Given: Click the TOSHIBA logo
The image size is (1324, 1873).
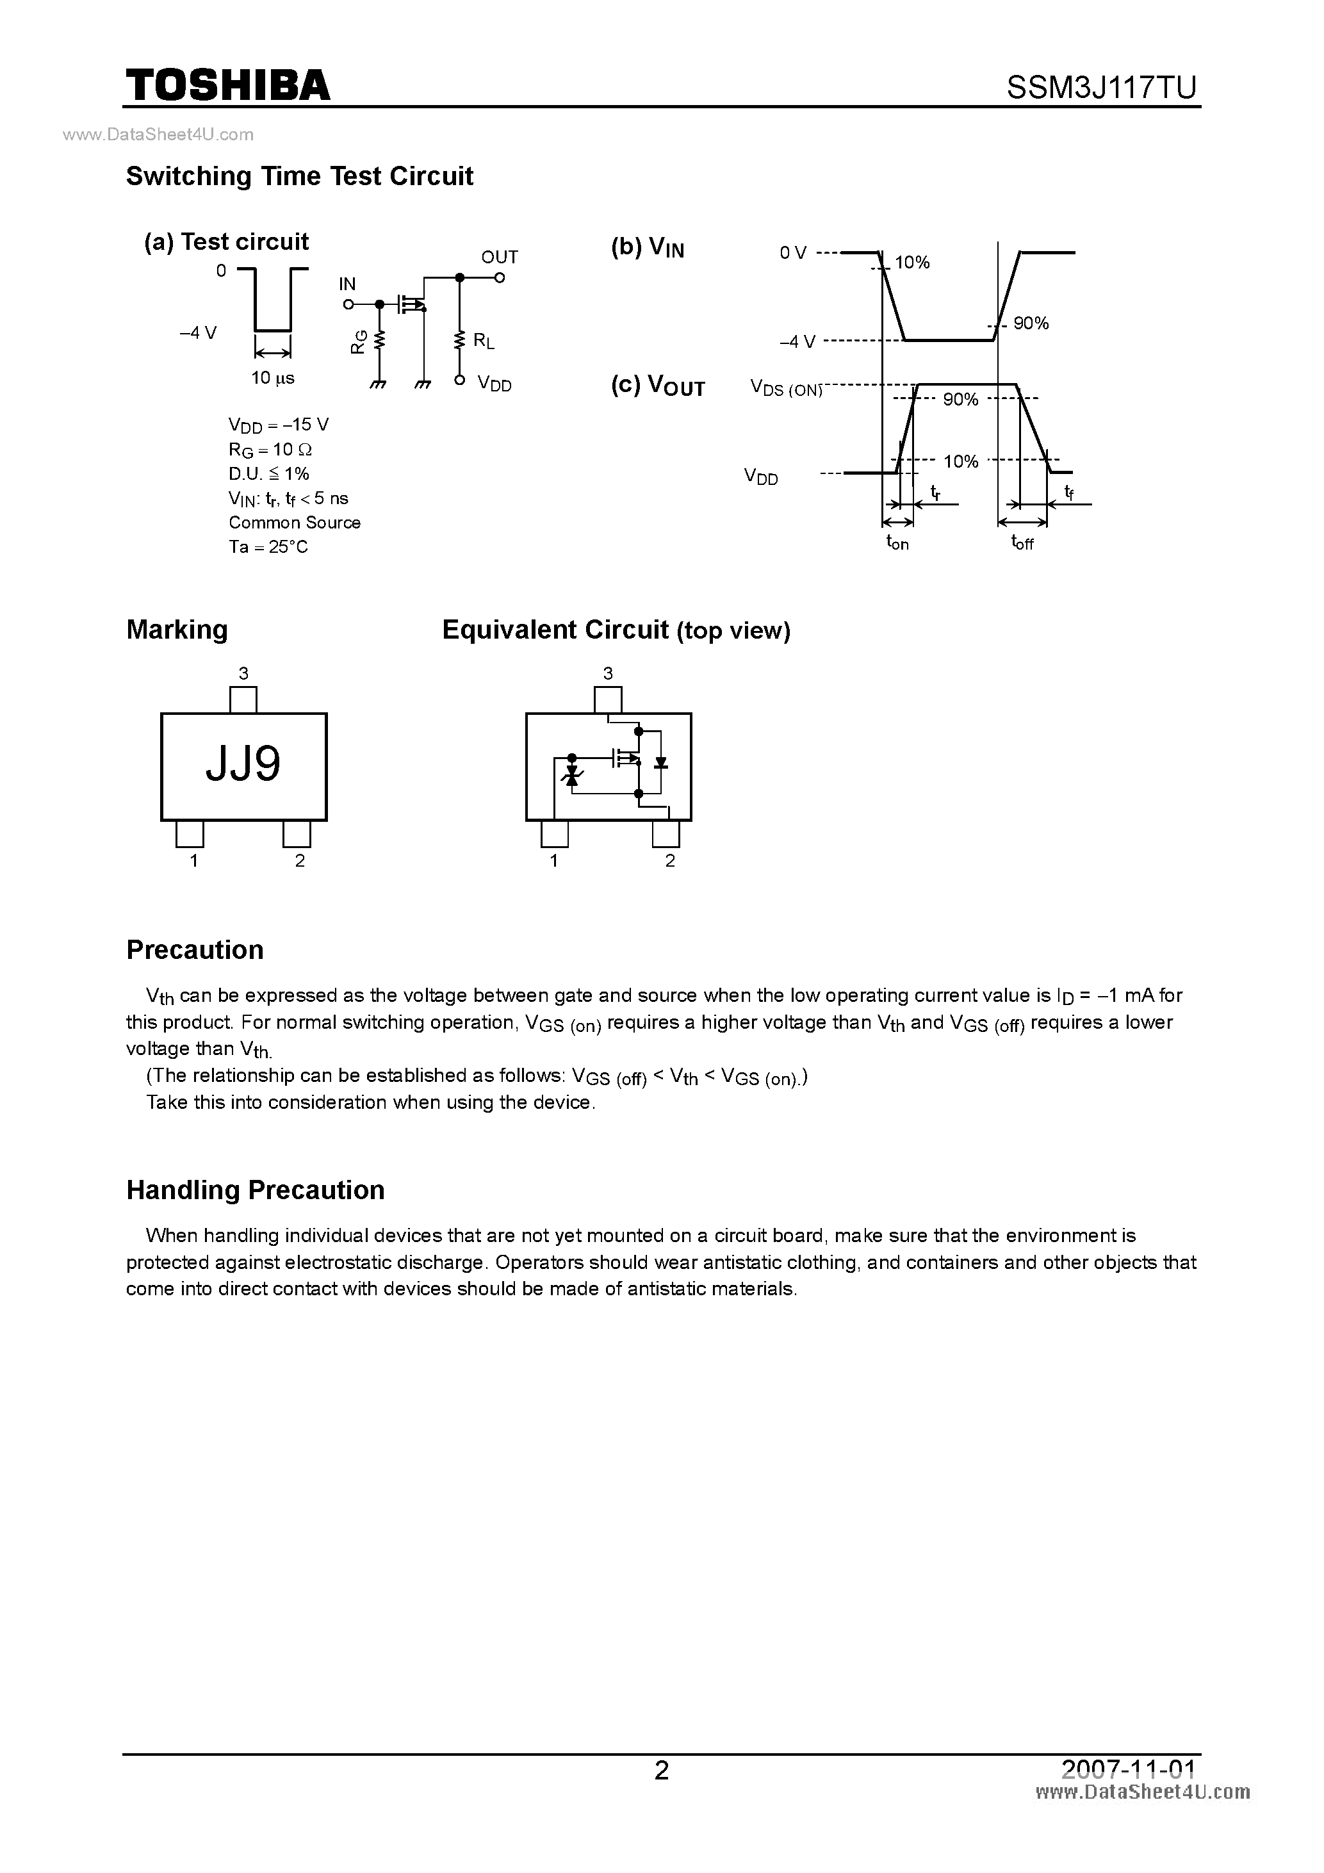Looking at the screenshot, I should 227,86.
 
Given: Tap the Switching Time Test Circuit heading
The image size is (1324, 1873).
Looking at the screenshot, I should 299,176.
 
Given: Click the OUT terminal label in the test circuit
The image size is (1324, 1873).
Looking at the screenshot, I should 499,257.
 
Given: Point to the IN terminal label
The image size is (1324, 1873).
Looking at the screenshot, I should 348,284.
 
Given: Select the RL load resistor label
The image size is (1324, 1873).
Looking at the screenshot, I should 484,341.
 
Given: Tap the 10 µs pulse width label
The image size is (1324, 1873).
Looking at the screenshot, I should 272,378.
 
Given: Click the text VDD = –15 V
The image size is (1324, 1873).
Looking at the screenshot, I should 278,425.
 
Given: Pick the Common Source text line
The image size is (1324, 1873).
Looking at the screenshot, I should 295,523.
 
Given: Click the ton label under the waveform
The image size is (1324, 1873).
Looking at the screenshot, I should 897,543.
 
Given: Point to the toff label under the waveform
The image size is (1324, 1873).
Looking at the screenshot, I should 1022,543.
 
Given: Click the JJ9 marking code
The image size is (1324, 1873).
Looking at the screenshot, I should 243,764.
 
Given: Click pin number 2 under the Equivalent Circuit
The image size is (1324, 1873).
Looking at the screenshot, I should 670,861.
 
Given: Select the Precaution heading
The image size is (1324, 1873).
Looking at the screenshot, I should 195,949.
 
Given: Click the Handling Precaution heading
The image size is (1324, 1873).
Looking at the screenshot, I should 256,1190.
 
